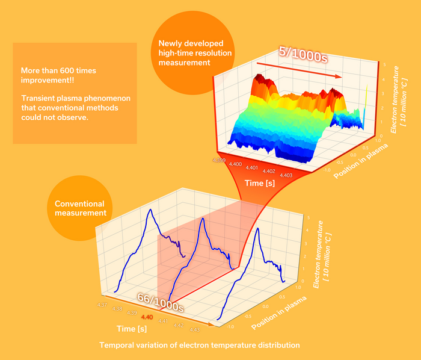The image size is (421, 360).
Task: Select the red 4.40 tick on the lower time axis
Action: (147, 317)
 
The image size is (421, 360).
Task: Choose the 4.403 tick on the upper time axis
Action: (286, 175)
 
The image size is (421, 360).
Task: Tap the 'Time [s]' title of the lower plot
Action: (132, 329)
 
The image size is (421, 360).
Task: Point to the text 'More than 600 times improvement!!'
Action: (58, 76)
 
